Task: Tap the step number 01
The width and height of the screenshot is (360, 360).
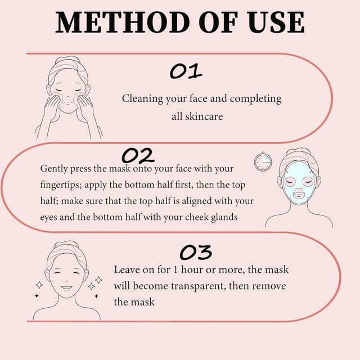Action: (x=186, y=71)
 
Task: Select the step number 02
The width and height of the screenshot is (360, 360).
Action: (x=138, y=156)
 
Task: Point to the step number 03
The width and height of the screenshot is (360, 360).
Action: (x=196, y=251)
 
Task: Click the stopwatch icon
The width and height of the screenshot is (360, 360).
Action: (x=263, y=161)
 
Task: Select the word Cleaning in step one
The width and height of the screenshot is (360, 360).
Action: (x=142, y=98)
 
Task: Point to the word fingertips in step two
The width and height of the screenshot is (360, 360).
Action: (x=62, y=184)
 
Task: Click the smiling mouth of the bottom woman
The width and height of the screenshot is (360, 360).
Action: (x=66, y=287)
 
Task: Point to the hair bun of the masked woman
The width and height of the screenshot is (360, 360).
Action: (x=298, y=152)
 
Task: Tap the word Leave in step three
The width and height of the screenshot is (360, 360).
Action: (x=127, y=269)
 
